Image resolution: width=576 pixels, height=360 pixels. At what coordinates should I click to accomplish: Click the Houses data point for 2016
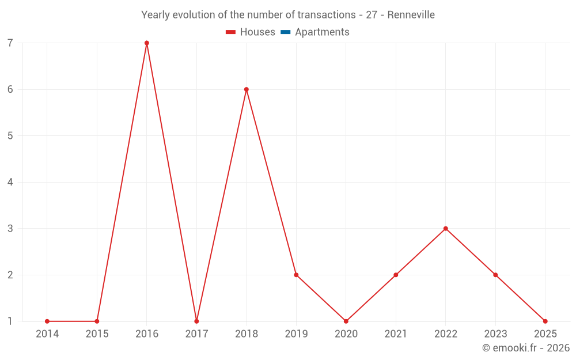(x=147, y=43)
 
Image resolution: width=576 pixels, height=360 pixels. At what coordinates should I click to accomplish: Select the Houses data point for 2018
(x=247, y=89)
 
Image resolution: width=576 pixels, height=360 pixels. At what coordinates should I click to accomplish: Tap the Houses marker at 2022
(x=446, y=229)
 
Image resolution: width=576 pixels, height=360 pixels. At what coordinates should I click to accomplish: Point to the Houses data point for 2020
(x=346, y=321)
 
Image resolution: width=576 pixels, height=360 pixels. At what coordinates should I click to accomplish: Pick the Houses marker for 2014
(x=47, y=321)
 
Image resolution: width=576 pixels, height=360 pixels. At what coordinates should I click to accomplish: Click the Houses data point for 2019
(x=296, y=275)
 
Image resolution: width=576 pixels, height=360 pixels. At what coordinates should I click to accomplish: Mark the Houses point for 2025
(x=545, y=321)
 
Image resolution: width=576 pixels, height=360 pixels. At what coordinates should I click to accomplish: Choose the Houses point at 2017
(x=196, y=321)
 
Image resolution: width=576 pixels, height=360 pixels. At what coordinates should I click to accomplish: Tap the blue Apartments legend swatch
(x=286, y=32)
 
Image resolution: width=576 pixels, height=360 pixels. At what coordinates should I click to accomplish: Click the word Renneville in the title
(x=411, y=14)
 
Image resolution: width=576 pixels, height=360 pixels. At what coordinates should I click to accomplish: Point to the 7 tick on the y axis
(x=10, y=43)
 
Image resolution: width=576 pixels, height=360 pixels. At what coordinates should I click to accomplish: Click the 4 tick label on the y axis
(x=10, y=182)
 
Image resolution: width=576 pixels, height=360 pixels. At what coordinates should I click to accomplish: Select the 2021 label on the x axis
(x=396, y=334)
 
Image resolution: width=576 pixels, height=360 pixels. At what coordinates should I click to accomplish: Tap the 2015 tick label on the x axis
(x=97, y=334)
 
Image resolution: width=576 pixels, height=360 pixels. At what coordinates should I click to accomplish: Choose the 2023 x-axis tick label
(x=495, y=334)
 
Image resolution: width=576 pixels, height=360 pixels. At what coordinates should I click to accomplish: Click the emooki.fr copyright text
(x=526, y=348)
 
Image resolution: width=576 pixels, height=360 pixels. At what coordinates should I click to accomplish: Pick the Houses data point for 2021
(x=396, y=275)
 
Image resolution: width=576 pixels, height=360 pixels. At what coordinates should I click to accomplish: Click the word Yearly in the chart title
(x=157, y=14)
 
